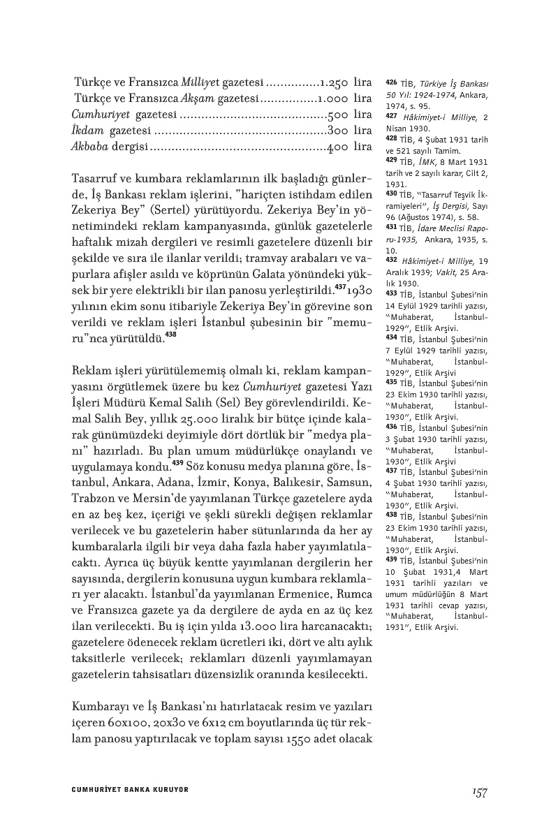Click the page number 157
pyautogui.click(x=478, y=791)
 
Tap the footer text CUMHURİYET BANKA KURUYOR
pyautogui.click(x=131, y=790)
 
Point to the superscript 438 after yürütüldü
pyautogui.click(x=171, y=335)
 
